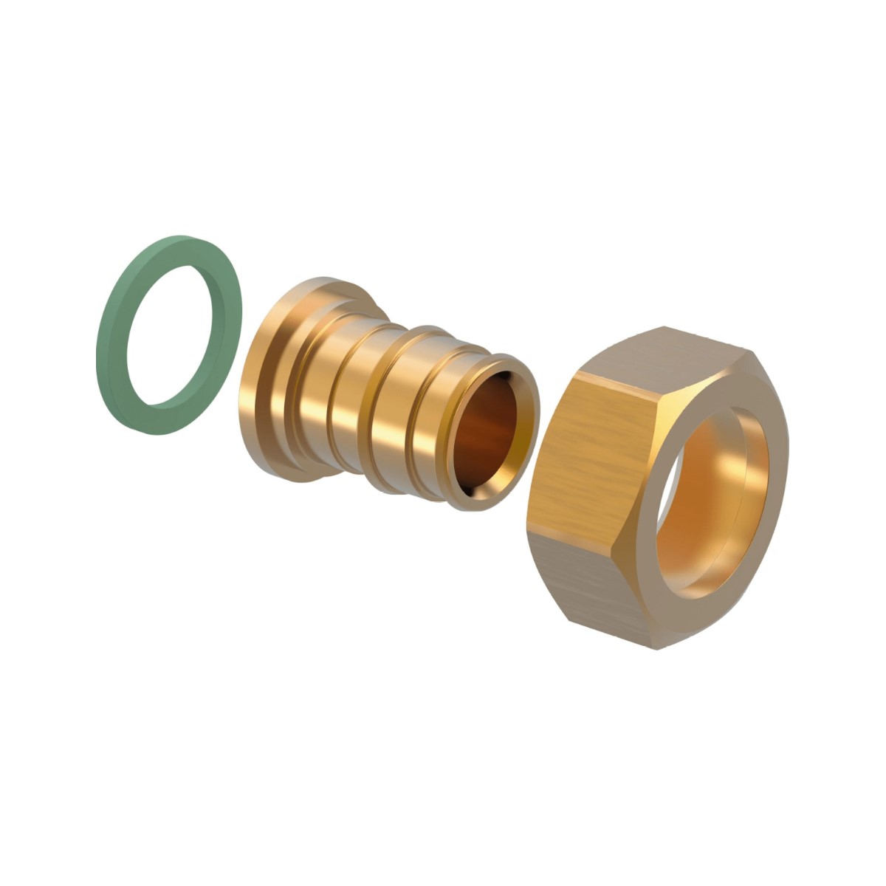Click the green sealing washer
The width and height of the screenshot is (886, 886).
pos(111,347)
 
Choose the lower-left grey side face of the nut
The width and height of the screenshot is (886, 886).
pos(583,583)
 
